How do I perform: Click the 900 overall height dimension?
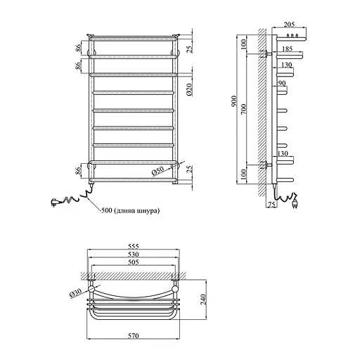coord(234,101)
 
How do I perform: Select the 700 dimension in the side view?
coord(244,108)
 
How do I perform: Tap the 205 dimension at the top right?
coord(289,25)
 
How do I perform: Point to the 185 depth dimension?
coord(288,49)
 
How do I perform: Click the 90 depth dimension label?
coord(282,83)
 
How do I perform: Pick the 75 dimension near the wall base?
coord(271,205)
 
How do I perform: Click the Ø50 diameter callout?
coord(157,172)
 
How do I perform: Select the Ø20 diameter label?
coord(190,89)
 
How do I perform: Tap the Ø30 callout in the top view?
coord(75,293)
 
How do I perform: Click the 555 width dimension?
coord(134,246)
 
